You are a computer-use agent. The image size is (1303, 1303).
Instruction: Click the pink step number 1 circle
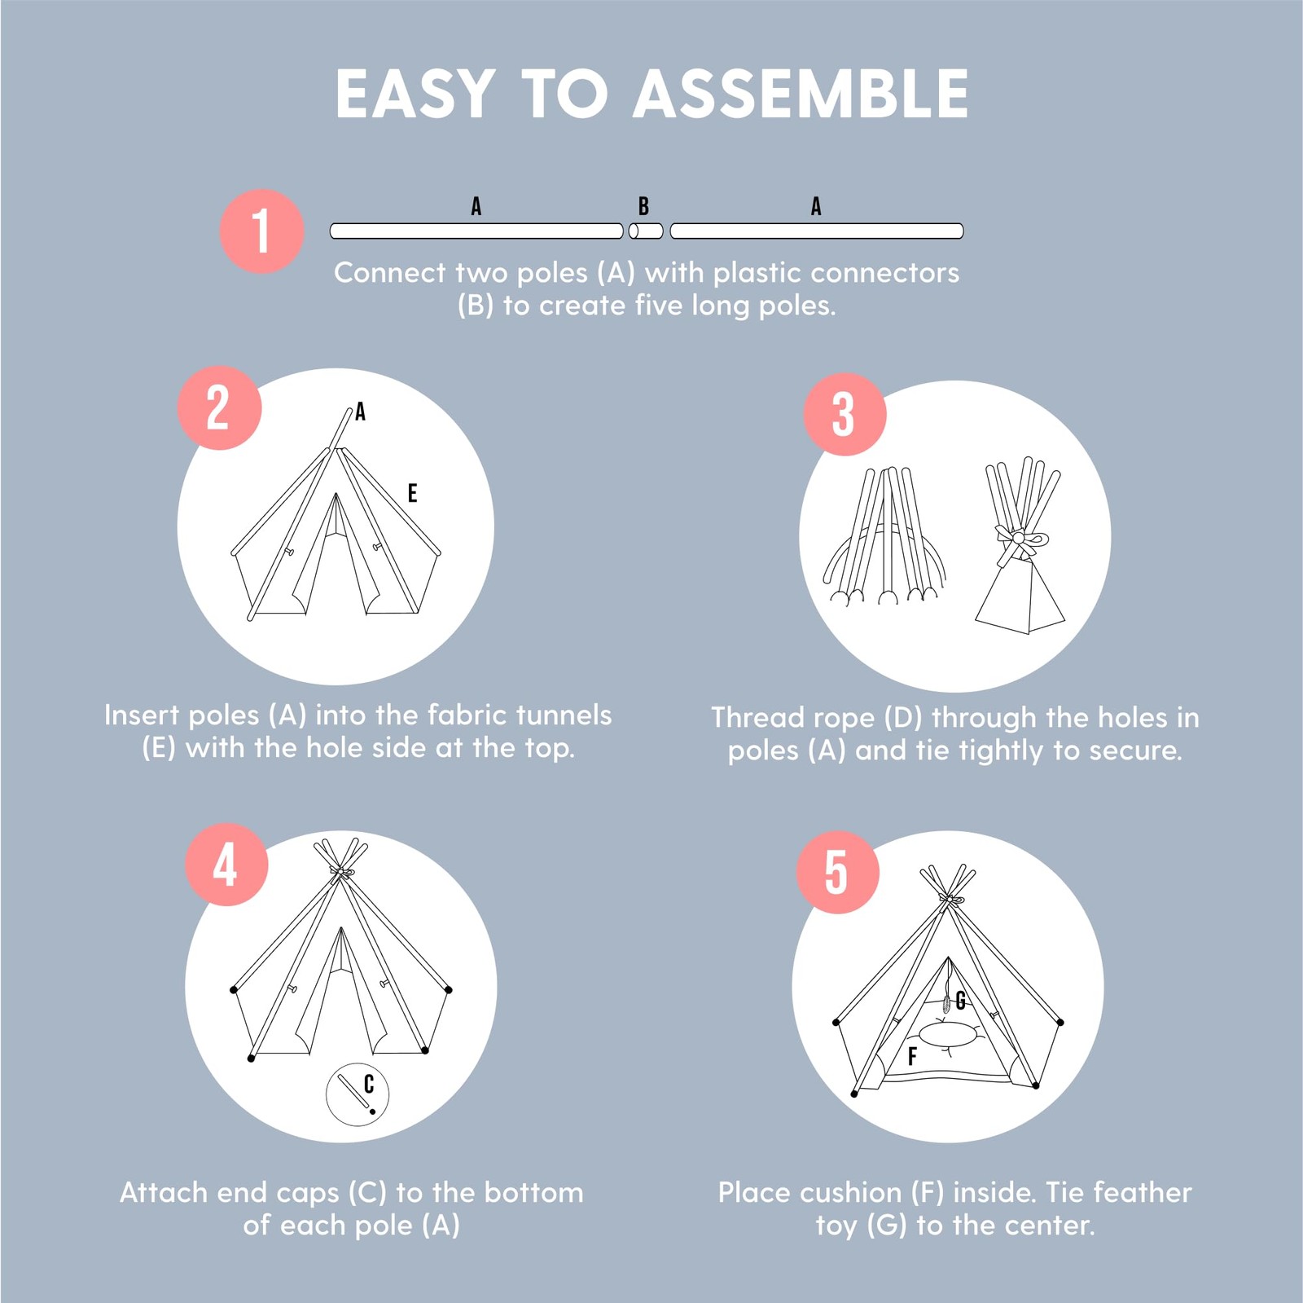tap(261, 231)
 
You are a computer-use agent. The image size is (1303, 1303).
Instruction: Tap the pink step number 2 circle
tap(219, 407)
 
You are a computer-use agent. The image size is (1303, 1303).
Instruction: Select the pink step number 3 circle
tap(845, 414)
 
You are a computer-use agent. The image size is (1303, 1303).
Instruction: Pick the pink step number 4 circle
tap(226, 865)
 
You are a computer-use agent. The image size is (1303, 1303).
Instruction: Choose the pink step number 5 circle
tap(837, 872)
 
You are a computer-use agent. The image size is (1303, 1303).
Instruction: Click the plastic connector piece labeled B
tap(646, 231)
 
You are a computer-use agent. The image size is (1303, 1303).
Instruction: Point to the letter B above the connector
tap(643, 206)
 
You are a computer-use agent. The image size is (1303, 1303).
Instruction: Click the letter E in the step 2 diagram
tap(412, 493)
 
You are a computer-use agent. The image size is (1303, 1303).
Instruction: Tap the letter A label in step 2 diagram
tap(360, 412)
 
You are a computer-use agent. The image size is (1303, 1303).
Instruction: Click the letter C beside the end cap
tap(369, 1084)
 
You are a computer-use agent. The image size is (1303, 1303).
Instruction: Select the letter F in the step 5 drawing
tap(912, 1056)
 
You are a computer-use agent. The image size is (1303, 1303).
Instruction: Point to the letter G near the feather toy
tap(960, 1001)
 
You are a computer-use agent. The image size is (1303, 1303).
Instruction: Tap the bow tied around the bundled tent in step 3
tap(1020, 539)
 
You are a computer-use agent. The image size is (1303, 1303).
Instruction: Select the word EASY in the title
tap(415, 94)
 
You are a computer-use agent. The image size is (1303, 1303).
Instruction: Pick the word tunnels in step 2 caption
tap(563, 715)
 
